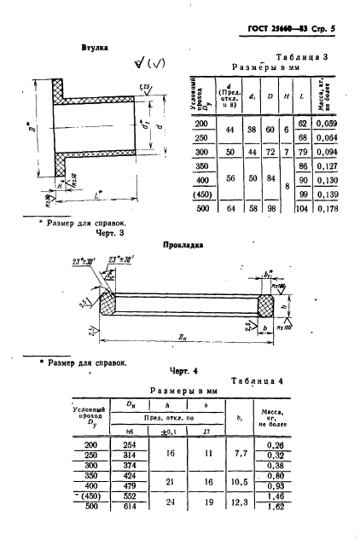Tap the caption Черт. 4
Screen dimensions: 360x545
(179, 373)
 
